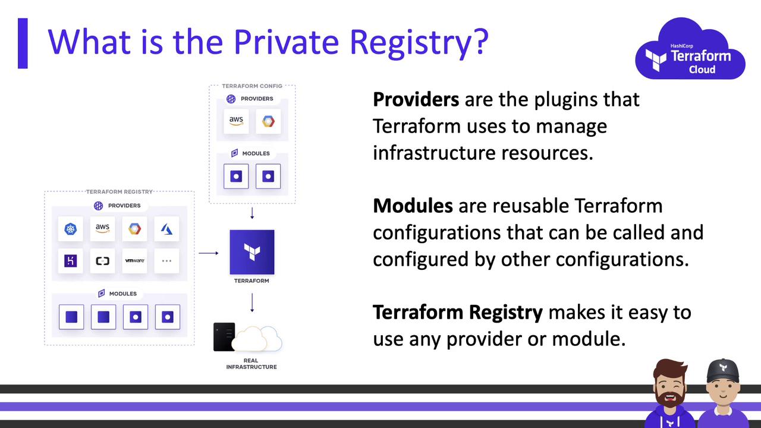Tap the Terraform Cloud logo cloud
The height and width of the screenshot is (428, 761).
[x=690, y=49]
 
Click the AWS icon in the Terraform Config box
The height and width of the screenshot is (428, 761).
[x=236, y=121]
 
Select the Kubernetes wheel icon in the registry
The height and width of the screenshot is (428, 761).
[x=70, y=229]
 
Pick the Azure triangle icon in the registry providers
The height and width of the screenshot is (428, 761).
[x=166, y=229]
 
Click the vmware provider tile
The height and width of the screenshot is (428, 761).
[x=134, y=261]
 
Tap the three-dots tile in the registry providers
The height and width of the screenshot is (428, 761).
[x=166, y=261]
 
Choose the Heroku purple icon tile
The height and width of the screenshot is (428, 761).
[x=70, y=261]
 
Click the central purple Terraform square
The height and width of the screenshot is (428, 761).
[x=251, y=252]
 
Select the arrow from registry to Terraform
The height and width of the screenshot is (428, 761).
[x=209, y=253]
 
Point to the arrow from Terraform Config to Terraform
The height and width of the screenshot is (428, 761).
[x=252, y=213]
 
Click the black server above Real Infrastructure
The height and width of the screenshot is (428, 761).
[x=224, y=337]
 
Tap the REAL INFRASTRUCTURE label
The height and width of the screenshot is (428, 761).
[x=251, y=364]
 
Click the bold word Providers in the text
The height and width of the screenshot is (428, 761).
[x=416, y=99]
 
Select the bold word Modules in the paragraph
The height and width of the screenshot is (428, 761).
[x=413, y=206]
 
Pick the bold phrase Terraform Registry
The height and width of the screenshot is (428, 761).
[x=458, y=313]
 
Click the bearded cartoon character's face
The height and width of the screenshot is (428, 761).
[x=669, y=389]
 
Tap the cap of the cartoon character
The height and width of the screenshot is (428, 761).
[x=723, y=371]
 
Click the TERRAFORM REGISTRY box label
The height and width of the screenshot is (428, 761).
[x=120, y=192]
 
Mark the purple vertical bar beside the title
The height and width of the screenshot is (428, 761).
[x=23, y=43]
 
